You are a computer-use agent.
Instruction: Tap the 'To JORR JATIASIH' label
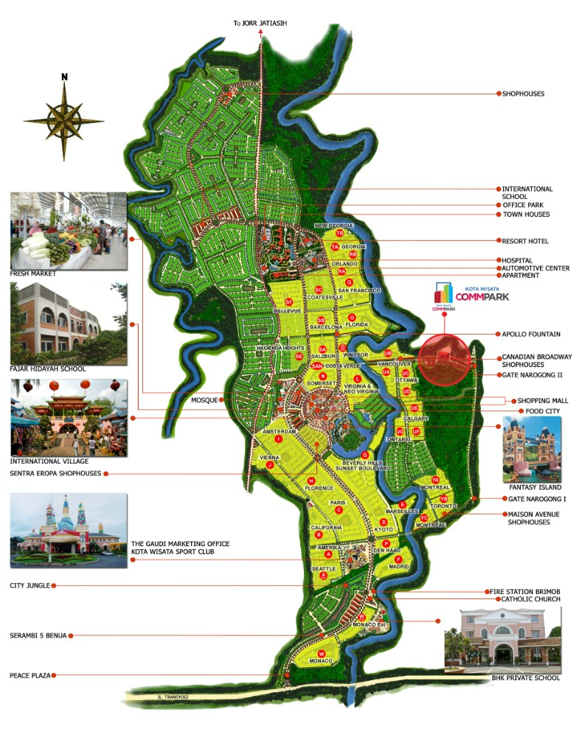(x=260, y=24)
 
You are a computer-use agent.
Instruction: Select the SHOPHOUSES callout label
(x=523, y=94)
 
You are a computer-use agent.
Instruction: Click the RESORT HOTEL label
(x=525, y=241)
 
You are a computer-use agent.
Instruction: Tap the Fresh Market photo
(x=69, y=230)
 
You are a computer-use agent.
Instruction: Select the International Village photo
(x=69, y=418)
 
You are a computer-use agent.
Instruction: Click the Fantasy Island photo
(x=531, y=449)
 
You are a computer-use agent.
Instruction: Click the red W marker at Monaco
(x=321, y=654)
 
